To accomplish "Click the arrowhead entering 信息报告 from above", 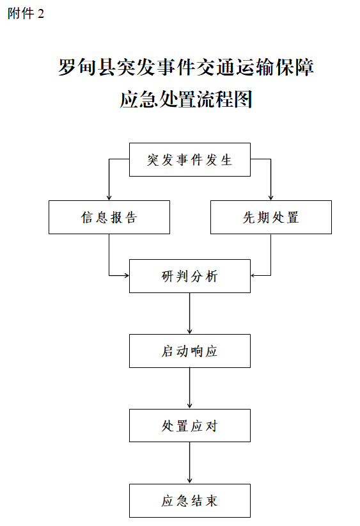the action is tap(109, 198).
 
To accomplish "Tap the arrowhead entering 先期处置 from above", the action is tap(271, 198).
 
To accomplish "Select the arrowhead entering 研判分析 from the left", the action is tap(127, 276).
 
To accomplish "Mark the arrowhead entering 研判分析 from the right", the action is tap(253, 276).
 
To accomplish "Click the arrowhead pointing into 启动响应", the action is tap(190, 331).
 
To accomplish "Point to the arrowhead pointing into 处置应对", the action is tap(190, 406).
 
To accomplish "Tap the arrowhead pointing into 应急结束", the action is tap(190, 481).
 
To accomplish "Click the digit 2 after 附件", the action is tap(40, 13).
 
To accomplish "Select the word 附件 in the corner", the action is tap(21, 13).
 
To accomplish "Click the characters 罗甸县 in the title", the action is tap(87, 67).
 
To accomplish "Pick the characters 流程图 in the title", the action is tap(224, 99).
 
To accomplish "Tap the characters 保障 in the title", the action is tap(295, 67).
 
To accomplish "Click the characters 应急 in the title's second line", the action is tap(139, 99).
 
